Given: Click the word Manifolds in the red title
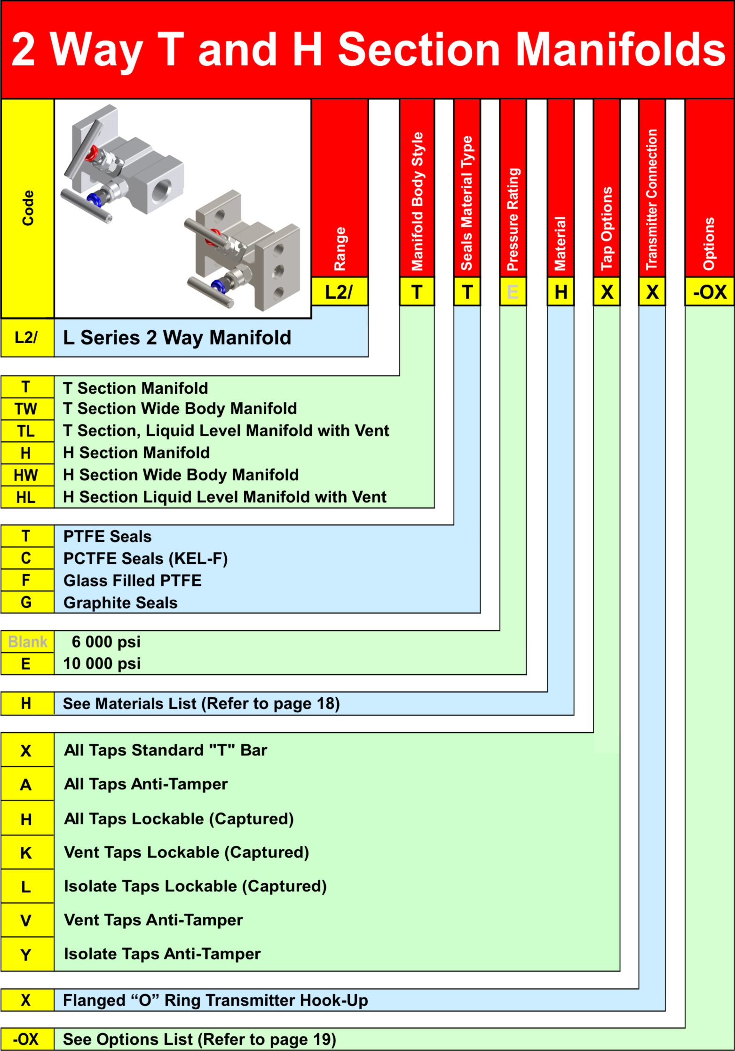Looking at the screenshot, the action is (x=621, y=49).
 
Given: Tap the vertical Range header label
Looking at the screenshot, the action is (x=340, y=249).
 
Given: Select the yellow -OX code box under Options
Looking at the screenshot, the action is (x=710, y=292).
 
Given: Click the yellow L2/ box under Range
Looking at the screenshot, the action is (x=340, y=292).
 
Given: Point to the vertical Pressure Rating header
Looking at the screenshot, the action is (x=513, y=219).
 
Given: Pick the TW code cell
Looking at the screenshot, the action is (x=27, y=409).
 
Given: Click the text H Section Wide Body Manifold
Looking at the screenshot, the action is (x=181, y=475).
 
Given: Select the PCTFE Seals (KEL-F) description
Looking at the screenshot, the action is (x=146, y=558).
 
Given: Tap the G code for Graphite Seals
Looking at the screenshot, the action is (x=27, y=602).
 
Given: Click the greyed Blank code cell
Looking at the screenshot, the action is (x=28, y=642).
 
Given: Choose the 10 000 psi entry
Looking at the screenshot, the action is (x=102, y=663).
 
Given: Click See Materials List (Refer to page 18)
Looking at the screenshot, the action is (x=201, y=703).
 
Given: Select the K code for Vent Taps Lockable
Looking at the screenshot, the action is (x=27, y=852).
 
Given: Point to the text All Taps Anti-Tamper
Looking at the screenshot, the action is (x=146, y=784).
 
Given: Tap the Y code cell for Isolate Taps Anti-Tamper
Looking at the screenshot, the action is (x=27, y=955).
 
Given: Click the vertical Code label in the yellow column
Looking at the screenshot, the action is (x=28, y=208).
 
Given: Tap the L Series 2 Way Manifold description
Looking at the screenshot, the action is (x=177, y=337).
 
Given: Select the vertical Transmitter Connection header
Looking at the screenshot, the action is (x=652, y=199).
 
